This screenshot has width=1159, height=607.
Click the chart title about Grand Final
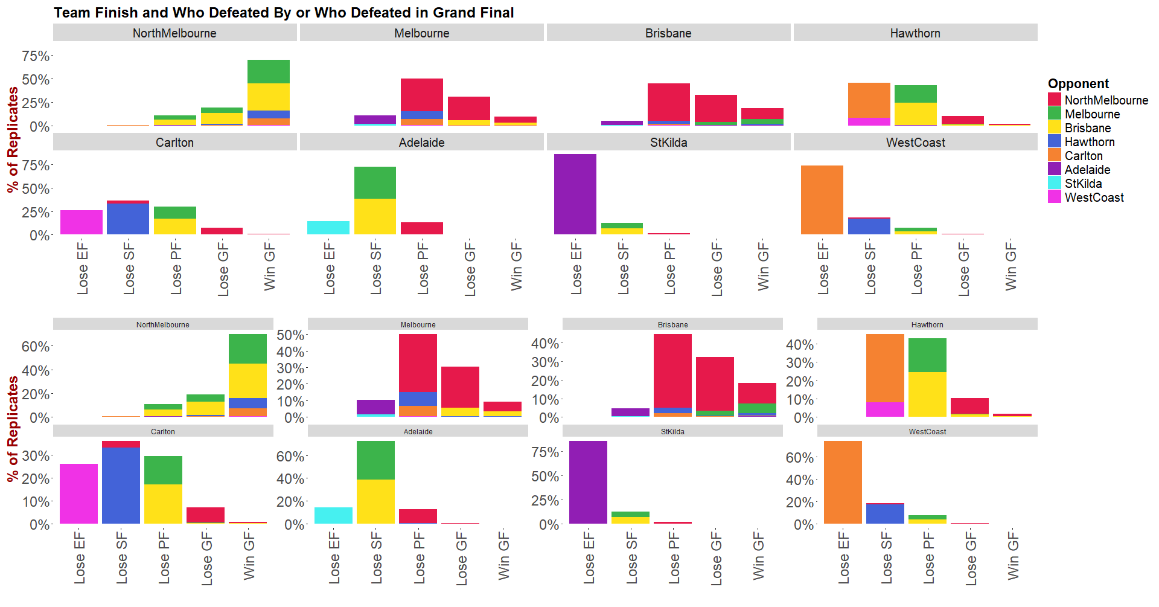point(284,13)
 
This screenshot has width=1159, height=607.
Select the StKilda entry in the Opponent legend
point(1083,184)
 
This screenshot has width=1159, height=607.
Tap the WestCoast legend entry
point(1094,198)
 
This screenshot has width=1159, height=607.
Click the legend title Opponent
point(1078,84)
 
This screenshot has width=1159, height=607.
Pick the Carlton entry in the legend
point(1083,156)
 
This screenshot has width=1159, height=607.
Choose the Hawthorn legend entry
point(1089,142)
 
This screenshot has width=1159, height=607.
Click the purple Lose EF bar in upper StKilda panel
point(575,194)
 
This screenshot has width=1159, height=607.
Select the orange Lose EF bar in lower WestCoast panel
point(843,482)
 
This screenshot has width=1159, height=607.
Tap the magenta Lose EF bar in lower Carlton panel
point(78,493)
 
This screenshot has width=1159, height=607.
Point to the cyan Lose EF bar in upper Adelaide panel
point(328,228)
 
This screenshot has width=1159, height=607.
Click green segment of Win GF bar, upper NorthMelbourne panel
point(268,71)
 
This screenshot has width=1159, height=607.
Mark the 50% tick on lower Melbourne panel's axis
point(290,335)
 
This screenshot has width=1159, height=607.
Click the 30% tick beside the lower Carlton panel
point(36,456)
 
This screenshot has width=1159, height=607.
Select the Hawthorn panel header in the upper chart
point(915,33)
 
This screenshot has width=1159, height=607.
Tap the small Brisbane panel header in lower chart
point(672,324)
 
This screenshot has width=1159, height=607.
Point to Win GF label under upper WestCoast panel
point(1011,266)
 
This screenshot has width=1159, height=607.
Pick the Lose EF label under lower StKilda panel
point(589,557)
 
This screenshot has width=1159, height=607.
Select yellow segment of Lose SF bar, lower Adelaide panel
point(375,501)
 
